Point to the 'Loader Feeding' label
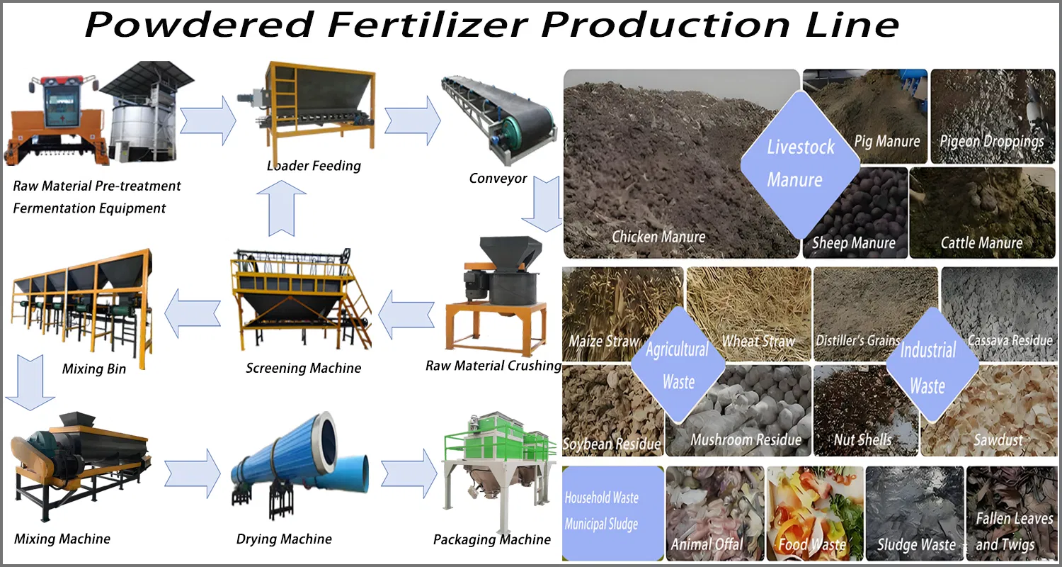[x=314, y=166]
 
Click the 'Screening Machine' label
[x=303, y=368]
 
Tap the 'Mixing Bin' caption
[x=94, y=369]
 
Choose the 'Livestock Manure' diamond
[x=800, y=164]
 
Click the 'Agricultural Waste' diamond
[x=678, y=366]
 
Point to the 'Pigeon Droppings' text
[x=991, y=141]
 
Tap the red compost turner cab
[x=60, y=106]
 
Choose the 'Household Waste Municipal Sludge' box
[x=613, y=510]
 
